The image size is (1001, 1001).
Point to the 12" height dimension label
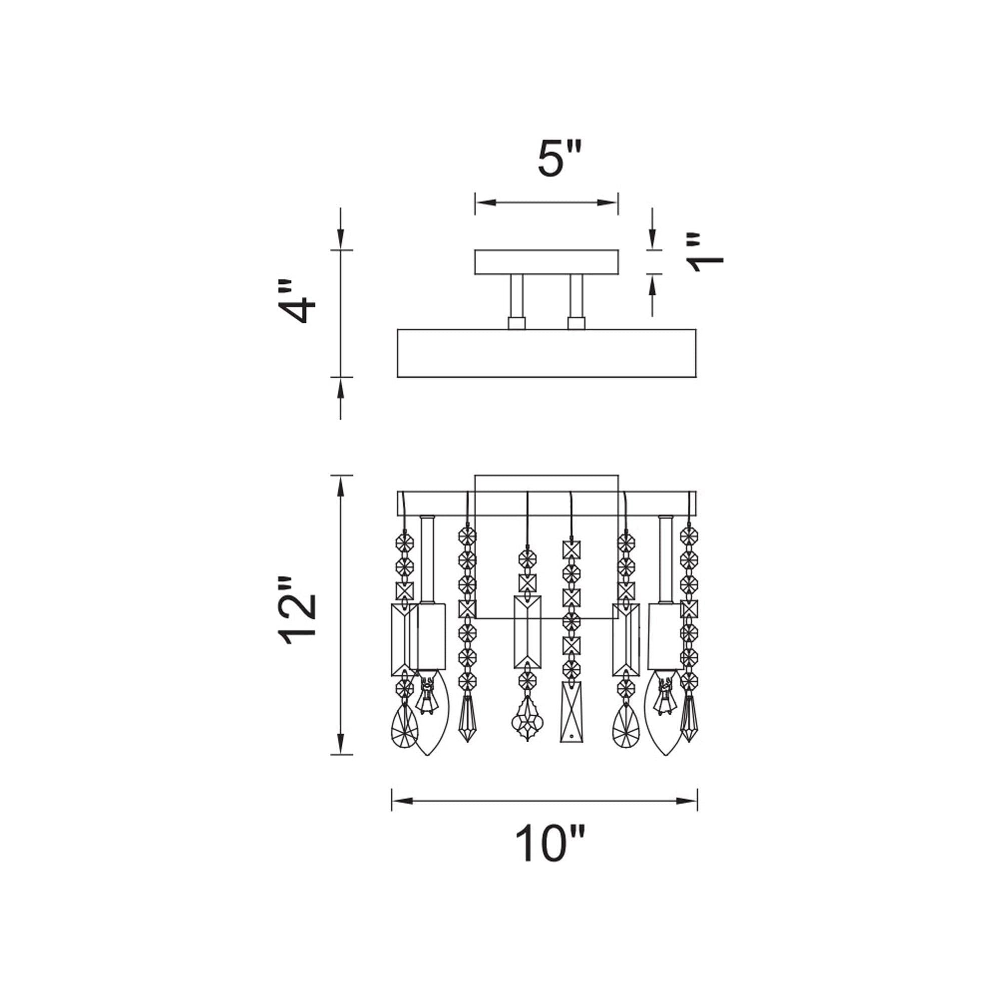tap(297, 612)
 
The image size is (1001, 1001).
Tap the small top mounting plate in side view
tap(547, 262)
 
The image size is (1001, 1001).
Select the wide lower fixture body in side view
tap(547, 353)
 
